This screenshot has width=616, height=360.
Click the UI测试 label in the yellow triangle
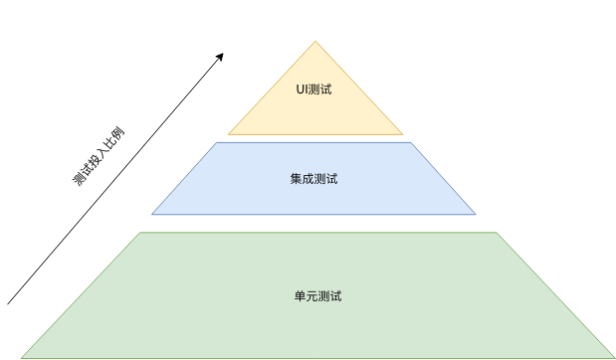(x=313, y=90)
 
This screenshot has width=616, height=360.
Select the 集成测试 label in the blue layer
(x=313, y=179)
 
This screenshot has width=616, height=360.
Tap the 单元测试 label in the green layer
(x=317, y=296)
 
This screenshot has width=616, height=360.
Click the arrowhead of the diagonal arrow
(x=221, y=55)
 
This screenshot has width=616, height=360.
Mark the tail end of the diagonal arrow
(x=8, y=303)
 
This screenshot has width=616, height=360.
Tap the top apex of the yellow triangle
(x=316, y=42)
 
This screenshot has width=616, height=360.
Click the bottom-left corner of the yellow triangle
(x=229, y=133)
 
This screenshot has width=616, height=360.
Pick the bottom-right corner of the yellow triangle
(x=403, y=133)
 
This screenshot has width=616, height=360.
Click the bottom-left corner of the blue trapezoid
(x=152, y=214)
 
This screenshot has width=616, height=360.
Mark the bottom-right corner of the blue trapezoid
(x=476, y=214)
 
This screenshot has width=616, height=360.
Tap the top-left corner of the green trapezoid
(x=138, y=233)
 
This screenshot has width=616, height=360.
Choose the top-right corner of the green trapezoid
(x=497, y=233)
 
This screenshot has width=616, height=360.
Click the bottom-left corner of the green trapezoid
(x=21, y=357)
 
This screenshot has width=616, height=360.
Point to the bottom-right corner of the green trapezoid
(x=614, y=357)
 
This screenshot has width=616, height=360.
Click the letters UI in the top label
(x=302, y=90)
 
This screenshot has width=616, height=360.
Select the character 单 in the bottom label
(x=300, y=296)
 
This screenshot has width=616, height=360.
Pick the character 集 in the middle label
(x=296, y=179)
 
